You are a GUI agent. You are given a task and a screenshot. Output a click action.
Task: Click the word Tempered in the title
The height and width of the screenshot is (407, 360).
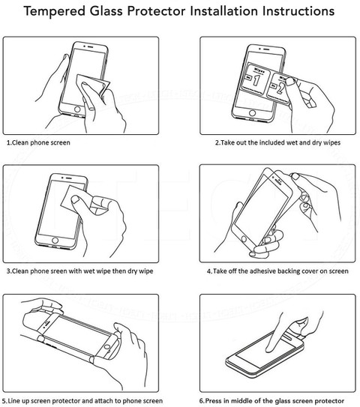55,11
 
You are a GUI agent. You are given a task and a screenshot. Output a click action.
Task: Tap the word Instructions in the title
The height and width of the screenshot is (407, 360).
298,11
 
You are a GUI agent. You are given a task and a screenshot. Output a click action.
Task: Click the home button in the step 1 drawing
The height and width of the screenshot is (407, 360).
77,109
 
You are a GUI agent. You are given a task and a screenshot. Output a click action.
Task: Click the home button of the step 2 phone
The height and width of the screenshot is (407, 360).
252,113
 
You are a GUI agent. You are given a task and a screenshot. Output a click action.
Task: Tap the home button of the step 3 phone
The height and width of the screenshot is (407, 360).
55,240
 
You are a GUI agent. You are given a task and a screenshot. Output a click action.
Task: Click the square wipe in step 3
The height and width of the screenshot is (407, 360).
75,199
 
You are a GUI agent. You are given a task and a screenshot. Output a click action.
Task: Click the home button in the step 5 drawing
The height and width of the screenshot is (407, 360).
107,346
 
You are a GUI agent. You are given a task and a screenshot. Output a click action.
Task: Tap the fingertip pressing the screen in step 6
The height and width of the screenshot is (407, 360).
269,349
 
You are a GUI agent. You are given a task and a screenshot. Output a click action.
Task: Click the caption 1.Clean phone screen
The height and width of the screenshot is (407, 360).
38,142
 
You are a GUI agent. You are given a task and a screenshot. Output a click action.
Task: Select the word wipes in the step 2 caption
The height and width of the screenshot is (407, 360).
331,142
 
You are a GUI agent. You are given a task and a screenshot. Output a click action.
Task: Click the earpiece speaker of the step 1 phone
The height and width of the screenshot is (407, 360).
90,47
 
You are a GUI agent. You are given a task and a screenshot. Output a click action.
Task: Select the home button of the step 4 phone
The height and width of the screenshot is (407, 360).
244,238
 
